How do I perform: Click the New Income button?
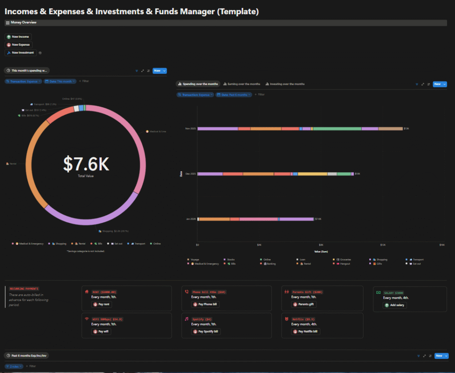point(18,37)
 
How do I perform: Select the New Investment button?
point(21,52)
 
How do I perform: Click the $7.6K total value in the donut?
point(86,164)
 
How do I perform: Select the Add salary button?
point(395,305)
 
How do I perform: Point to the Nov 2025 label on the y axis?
point(191,128)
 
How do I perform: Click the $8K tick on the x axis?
point(321,245)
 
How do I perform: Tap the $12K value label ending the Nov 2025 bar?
point(406,128)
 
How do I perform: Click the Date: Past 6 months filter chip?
point(234,94)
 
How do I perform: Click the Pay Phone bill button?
point(205,305)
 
